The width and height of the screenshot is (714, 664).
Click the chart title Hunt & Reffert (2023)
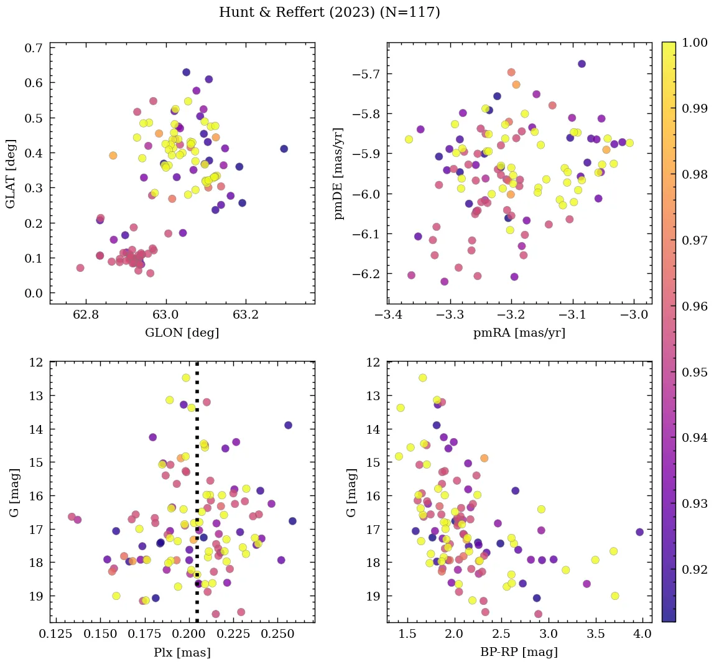coord(329,12)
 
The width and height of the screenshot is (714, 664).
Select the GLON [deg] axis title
coord(182,333)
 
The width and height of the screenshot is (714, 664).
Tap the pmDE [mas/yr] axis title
coord(340,172)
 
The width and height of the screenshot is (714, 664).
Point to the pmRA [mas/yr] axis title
coord(519,333)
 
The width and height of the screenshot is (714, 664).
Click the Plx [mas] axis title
coord(182,653)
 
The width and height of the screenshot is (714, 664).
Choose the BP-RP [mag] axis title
coord(519,653)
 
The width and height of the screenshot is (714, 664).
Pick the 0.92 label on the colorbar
coord(695,569)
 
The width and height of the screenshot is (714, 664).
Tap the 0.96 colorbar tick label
coord(695,306)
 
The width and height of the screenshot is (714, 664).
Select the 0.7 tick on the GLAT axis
coord(33,48)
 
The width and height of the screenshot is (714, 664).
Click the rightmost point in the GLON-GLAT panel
coord(284,149)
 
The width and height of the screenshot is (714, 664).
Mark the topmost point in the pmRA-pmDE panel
coord(582,63)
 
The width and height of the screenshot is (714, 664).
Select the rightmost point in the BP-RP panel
coord(639,532)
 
